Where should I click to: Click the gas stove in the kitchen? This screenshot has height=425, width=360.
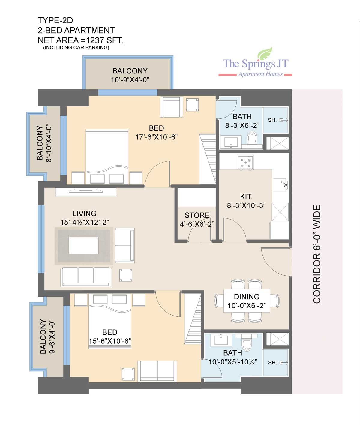pyautogui.click(x=245, y=163)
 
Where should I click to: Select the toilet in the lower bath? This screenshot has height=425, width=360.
pyautogui.click(x=246, y=345)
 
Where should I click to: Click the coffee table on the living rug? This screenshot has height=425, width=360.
pyautogui.click(x=83, y=246)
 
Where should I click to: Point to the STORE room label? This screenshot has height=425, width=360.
pyautogui.click(x=197, y=215)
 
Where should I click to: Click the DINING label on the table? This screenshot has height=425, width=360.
pyautogui.click(x=247, y=297)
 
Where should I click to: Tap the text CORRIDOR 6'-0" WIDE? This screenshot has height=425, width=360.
pyautogui.click(x=317, y=254)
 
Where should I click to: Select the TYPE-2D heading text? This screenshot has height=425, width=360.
pyautogui.click(x=55, y=20)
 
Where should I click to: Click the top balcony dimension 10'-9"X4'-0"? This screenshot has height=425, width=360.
pyautogui.click(x=130, y=80)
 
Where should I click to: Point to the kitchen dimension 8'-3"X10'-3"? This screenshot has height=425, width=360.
pyautogui.click(x=246, y=205)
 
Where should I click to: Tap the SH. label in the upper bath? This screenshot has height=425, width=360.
pyautogui.click(x=272, y=120)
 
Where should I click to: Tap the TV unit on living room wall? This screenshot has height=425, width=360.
pyautogui.click(x=86, y=191)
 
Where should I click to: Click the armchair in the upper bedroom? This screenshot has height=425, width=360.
pyautogui.click(x=171, y=107)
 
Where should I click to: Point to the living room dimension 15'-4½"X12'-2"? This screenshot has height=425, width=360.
pyautogui.click(x=84, y=223)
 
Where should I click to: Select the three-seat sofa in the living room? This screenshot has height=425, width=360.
pyautogui.click(x=86, y=277)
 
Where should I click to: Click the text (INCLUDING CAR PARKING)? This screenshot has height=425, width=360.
pyautogui.click(x=76, y=48)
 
